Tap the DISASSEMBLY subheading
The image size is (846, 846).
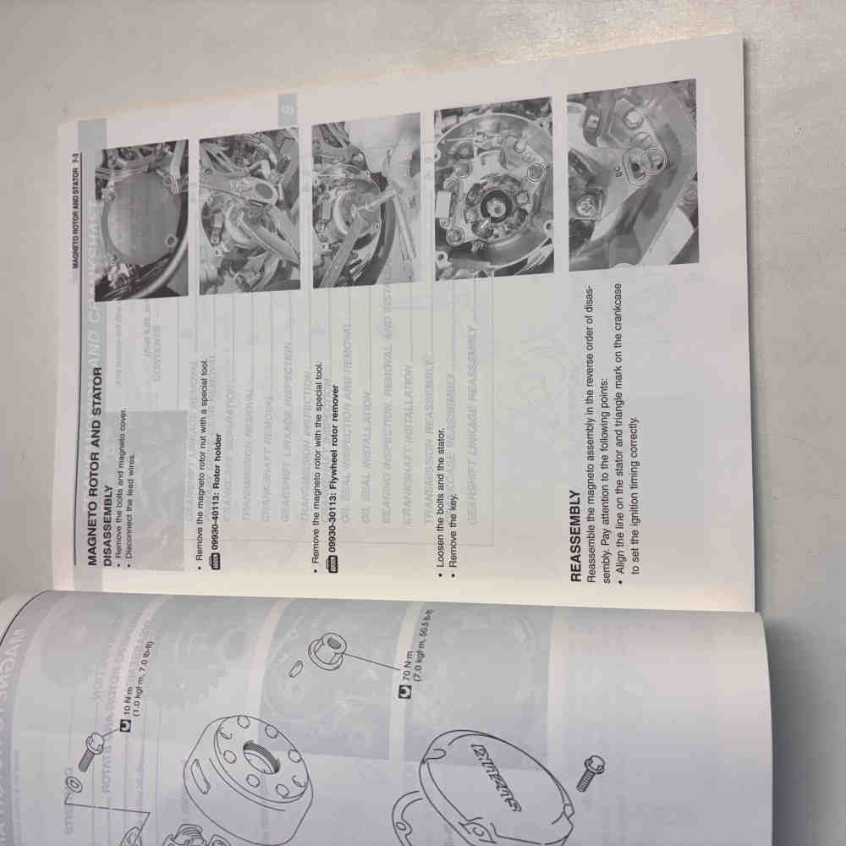[x=108, y=525]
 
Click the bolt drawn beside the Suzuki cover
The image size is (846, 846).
[x=589, y=773]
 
